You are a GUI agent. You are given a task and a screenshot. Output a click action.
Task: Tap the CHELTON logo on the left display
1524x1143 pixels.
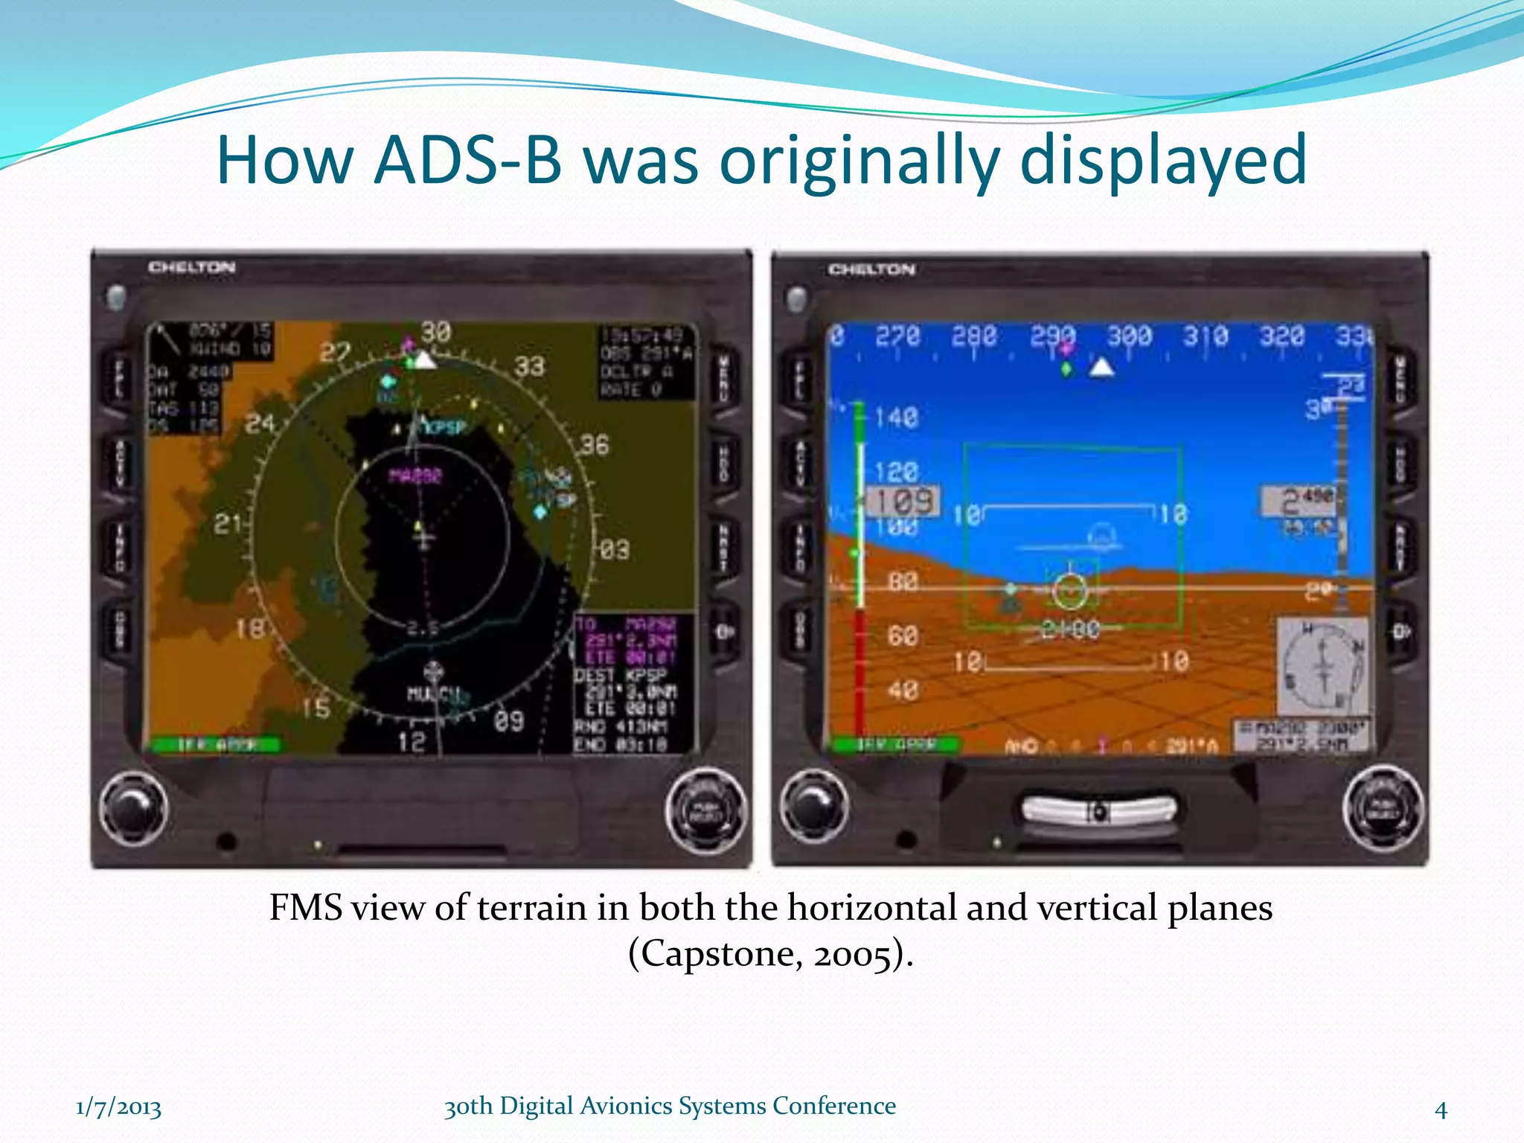192,267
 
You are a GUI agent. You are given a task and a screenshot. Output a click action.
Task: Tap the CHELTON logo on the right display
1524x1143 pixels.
871,269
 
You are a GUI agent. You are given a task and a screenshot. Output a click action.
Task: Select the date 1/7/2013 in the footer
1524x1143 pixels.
118,1107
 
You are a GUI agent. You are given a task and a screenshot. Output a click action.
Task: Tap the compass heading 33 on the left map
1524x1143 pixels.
529,366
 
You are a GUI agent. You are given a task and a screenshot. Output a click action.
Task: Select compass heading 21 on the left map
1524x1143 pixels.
228,524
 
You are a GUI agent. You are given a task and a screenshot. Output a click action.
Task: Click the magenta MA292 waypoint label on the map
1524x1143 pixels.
415,476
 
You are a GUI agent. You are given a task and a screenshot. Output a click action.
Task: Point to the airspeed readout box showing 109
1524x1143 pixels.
903,502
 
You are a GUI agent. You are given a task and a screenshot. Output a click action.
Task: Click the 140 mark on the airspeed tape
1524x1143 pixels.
896,417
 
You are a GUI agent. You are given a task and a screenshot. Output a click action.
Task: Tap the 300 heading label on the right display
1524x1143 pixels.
1129,336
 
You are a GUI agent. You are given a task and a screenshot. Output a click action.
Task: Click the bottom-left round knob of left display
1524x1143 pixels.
134,809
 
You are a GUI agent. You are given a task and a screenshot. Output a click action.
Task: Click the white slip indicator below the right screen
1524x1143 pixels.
1099,811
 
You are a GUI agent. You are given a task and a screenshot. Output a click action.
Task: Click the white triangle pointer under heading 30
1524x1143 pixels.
425,362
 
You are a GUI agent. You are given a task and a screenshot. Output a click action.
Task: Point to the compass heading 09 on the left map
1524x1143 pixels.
509,720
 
